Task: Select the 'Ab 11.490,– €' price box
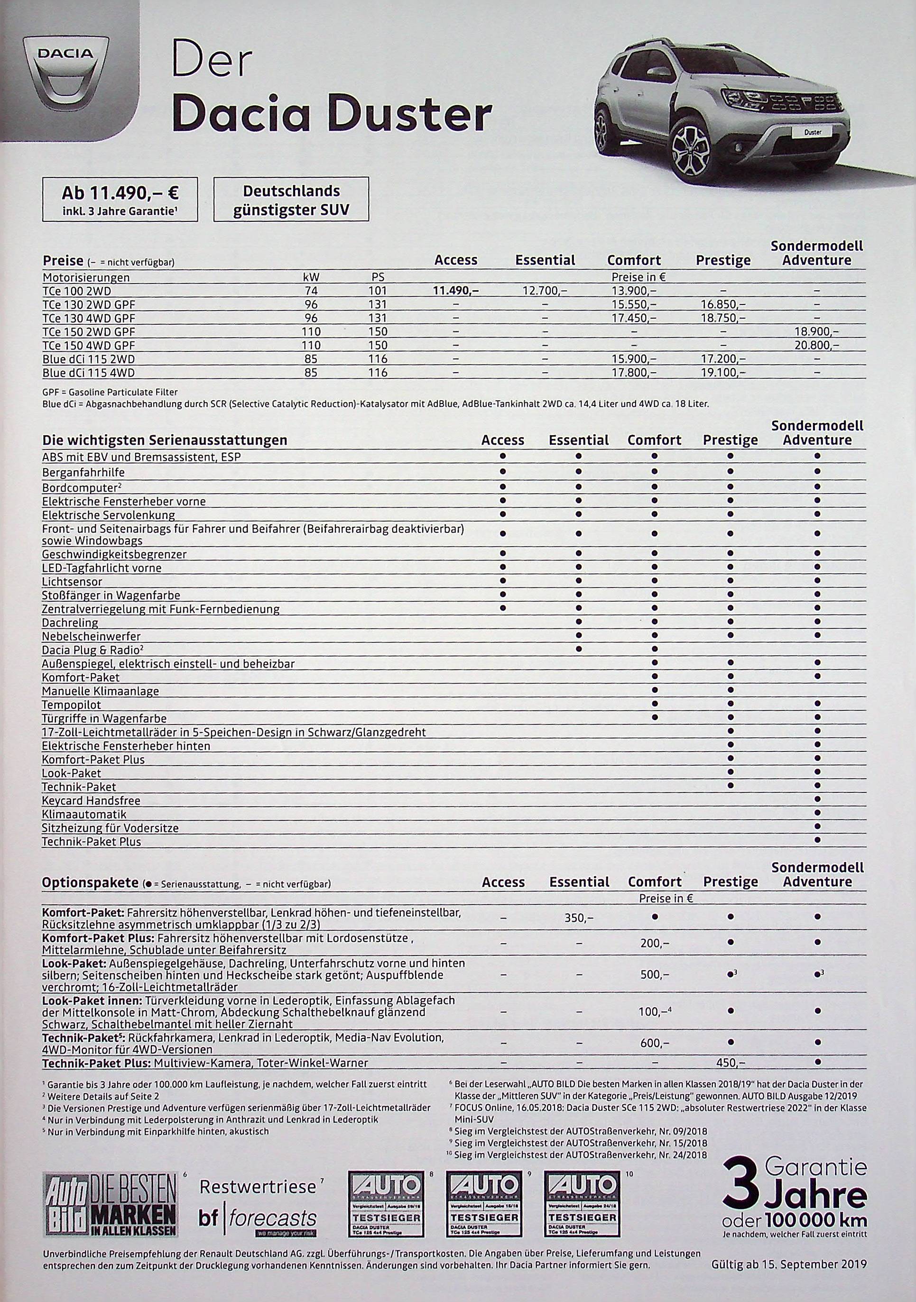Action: (x=120, y=199)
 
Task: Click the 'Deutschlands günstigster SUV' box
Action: (x=291, y=199)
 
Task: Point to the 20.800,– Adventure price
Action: (x=816, y=345)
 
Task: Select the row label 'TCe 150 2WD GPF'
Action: (x=89, y=332)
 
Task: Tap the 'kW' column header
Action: (x=311, y=277)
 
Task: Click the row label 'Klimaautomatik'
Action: (x=84, y=814)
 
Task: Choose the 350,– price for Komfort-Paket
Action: (x=579, y=917)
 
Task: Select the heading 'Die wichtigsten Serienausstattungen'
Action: (x=165, y=440)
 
